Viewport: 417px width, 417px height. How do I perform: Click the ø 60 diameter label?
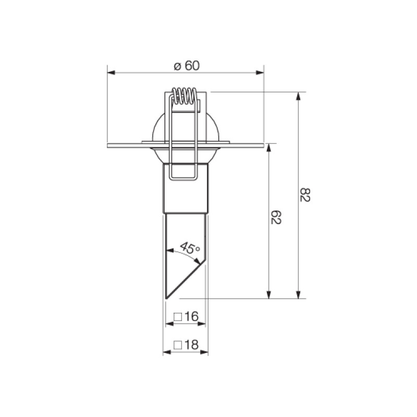point(187,66)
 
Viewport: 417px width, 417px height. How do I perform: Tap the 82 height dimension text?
point(305,195)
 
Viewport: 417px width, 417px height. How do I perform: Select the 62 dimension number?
point(276,217)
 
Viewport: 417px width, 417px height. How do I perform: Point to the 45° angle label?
point(190,248)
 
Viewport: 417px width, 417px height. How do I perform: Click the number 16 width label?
point(191,316)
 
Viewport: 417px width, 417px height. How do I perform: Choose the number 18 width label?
point(191,345)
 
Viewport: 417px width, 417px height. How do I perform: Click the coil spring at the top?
point(185,96)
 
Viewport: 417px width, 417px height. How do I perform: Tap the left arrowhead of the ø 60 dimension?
point(111,72)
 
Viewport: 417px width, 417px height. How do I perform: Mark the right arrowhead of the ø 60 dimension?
point(260,72)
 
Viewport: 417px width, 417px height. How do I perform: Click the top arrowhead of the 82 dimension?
point(298,96)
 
